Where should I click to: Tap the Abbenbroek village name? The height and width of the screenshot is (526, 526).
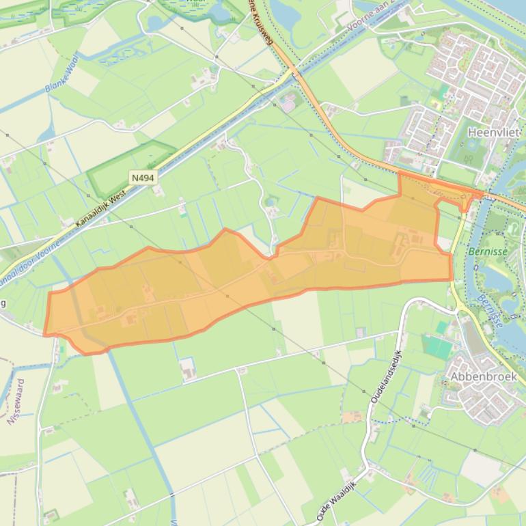point(483,376)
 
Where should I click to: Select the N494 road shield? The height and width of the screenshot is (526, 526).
point(143,178)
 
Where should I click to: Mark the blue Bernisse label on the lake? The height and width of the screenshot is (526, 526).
point(490,311)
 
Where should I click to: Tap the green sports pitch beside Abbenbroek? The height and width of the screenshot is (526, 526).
point(437,346)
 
